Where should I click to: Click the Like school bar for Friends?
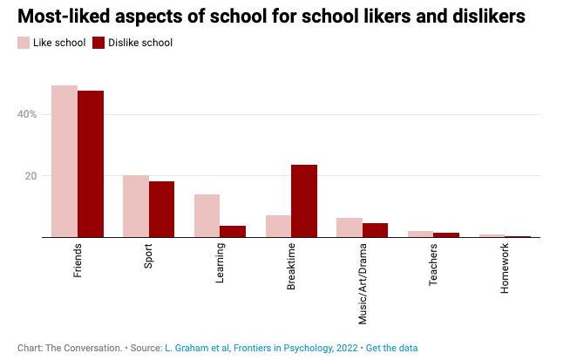point(64,161)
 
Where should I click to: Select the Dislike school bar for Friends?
point(91,164)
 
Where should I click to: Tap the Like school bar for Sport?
point(136,207)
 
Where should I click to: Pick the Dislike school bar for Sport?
point(161,209)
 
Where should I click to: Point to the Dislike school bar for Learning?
point(233,232)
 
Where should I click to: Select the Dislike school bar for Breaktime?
point(304,201)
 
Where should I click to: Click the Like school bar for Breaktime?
point(278,227)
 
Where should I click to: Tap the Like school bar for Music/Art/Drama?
point(350,228)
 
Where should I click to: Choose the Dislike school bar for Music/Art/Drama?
point(375,230)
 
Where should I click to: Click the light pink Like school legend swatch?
point(24,43)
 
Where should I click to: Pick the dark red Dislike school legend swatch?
point(99,43)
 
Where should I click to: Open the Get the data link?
point(391,348)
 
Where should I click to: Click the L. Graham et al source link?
point(261,348)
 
